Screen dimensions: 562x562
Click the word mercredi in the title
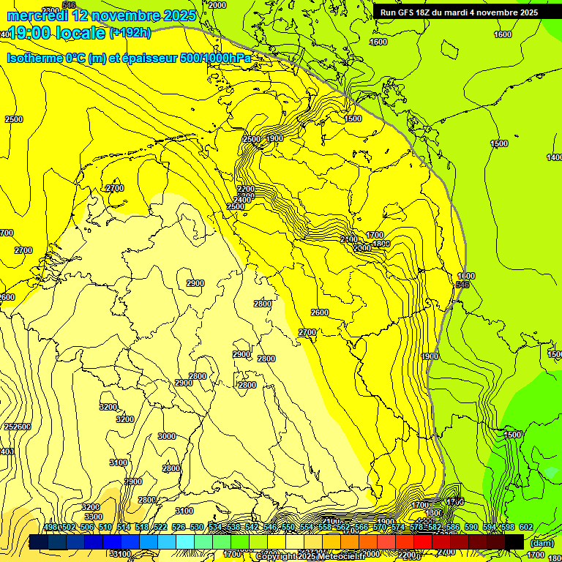pos(37,15)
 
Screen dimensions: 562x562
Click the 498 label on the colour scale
pos(50,528)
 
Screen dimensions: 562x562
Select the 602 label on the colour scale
pos(525,528)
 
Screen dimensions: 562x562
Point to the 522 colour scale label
pos(160,528)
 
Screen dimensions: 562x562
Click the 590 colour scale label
pos(471,528)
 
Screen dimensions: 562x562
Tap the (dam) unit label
pos(542,543)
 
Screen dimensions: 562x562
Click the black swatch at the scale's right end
pos(514,542)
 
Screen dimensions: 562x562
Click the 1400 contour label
pos(555,157)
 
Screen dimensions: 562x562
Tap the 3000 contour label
pos(167,436)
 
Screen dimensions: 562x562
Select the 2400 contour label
pos(243,200)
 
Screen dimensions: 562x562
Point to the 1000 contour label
pos(465,276)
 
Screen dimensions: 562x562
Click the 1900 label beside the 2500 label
pos(274,139)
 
